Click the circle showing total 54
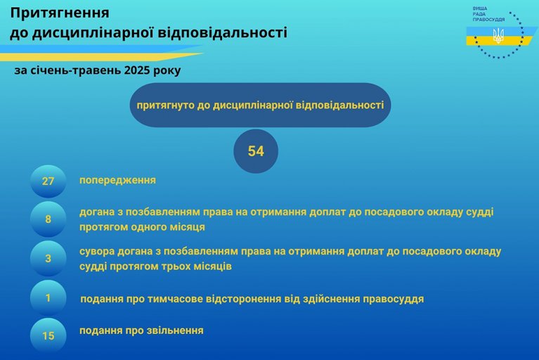(x=256, y=151)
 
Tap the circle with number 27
(x=48, y=181)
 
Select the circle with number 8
(x=48, y=219)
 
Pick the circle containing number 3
(x=48, y=259)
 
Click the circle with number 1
(x=48, y=297)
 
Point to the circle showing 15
(x=48, y=335)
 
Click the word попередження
(x=117, y=181)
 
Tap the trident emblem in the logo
(x=498, y=36)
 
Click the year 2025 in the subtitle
(x=138, y=70)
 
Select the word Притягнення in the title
(x=60, y=13)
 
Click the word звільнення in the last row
(x=175, y=330)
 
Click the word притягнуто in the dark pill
(x=165, y=105)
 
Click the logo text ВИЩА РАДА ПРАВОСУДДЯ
(x=488, y=14)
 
